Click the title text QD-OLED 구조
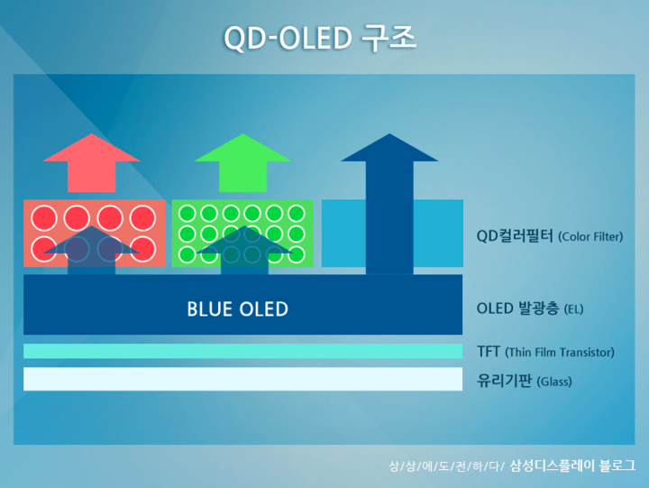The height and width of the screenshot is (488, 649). [x=319, y=38]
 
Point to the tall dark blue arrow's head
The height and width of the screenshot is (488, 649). [x=389, y=147]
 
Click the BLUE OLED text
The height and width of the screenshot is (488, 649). [x=238, y=309]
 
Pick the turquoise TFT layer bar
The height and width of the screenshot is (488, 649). [x=243, y=351]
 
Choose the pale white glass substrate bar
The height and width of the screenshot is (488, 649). [x=243, y=379]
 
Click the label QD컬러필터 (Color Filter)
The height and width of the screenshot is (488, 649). [x=550, y=236]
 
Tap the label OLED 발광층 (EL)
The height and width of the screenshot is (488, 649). [x=530, y=308]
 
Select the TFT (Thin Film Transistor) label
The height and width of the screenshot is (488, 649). [x=545, y=352]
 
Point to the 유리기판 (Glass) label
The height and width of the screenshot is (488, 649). [x=525, y=381]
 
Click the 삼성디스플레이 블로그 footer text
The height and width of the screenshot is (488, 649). [x=572, y=465]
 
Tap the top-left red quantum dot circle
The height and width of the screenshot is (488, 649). [x=44, y=218]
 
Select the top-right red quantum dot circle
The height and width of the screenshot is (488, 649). [x=142, y=218]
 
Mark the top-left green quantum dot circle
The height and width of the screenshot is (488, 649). [x=187, y=214]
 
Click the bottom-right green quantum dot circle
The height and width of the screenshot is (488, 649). [x=297, y=254]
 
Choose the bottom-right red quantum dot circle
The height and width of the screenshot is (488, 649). [x=142, y=249]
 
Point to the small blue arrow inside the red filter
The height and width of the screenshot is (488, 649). [x=91, y=250]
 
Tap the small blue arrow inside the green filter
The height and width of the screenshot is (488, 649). [x=244, y=250]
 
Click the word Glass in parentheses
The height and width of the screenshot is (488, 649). [x=554, y=382]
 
